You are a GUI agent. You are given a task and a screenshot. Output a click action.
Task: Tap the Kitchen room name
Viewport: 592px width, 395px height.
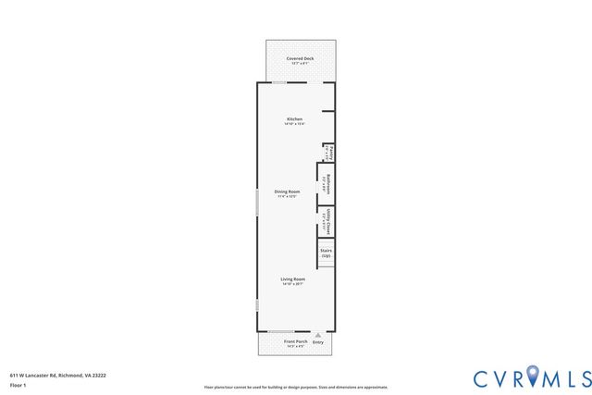pos(294,118)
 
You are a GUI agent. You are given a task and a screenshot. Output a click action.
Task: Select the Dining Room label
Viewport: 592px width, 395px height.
pos(287,191)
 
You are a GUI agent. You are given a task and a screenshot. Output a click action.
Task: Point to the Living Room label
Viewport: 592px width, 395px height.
pos(293,278)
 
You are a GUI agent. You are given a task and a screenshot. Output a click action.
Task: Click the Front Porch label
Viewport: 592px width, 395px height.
pos(295,341)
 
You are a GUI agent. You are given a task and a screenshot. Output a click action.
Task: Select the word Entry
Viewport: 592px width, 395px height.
pos(318,342)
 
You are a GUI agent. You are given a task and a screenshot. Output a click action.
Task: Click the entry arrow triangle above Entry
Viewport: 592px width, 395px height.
pos(318,335)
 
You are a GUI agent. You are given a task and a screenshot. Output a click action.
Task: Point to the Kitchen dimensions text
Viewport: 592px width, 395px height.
pos(294,124)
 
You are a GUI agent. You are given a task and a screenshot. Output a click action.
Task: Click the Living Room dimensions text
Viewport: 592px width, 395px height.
pos(293,283)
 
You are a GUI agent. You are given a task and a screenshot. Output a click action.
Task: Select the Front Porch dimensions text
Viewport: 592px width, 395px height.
pos(295,347)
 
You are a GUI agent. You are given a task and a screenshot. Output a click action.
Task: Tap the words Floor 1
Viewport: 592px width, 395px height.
pos(18,385)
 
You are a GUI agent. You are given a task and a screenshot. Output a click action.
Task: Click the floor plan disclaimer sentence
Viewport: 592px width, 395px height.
pos(295,387)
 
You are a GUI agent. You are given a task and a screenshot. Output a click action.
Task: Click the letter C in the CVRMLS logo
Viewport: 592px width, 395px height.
pos(482,378)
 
